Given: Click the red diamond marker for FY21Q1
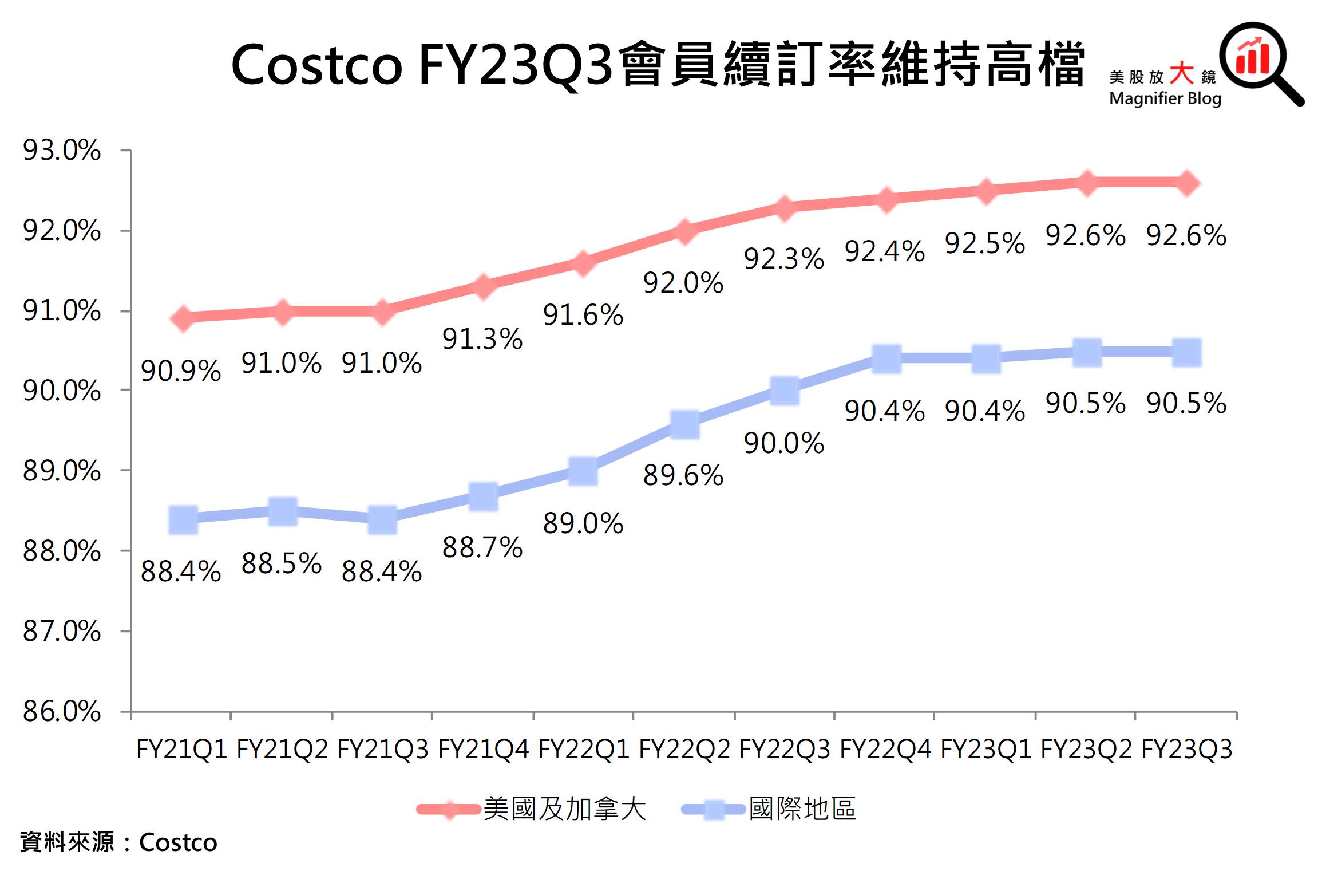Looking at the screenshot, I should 183,318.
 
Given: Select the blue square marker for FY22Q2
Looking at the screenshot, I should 684,424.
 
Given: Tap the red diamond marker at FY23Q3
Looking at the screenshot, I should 1186,183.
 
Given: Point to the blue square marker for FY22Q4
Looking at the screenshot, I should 886,359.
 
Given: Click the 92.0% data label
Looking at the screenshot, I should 683,283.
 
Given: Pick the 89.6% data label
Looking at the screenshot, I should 683,475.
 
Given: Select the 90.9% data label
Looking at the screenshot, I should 181,371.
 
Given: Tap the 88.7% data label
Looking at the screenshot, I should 482,547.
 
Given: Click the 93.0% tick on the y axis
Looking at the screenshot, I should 62,151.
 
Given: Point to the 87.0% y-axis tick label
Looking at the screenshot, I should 62,632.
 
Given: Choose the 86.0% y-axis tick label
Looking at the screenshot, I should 62,712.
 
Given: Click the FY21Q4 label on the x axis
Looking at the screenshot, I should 484,750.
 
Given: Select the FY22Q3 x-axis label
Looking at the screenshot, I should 785,750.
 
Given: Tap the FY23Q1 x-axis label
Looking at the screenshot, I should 985,750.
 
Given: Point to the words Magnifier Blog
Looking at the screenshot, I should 1165,98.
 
